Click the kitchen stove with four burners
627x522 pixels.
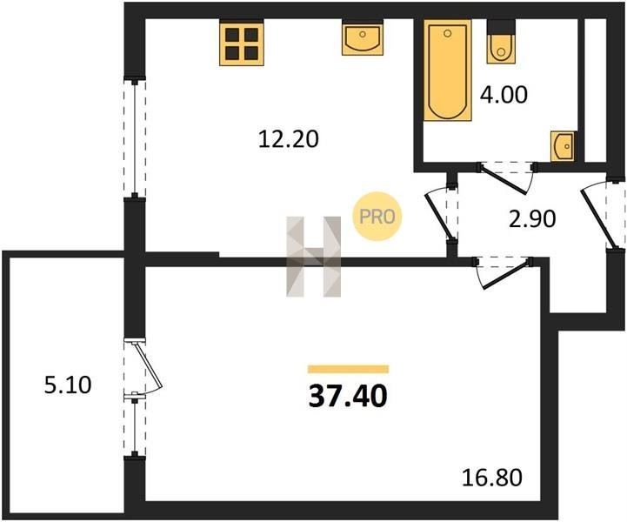tap(242, 44)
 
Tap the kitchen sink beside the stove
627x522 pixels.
tap(363, 39)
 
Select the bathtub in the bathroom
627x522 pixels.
tap(448, 70)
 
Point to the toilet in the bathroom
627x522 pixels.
tap(501, 42)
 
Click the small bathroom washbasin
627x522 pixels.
tap(563, 146)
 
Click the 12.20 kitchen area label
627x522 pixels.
tap(289, 139)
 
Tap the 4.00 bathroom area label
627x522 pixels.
tap(504, 95)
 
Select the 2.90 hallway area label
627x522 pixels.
tap(532, 218)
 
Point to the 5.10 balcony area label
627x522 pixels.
tap(68, 385)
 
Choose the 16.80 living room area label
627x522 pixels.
tap(492, 478)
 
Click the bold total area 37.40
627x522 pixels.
tap(348, 397)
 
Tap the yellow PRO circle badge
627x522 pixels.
tap(377, 217)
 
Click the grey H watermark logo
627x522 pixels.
tap(313, 257)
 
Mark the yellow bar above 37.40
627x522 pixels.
tap(348, 369)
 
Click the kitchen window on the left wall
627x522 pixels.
tap(135, 139)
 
